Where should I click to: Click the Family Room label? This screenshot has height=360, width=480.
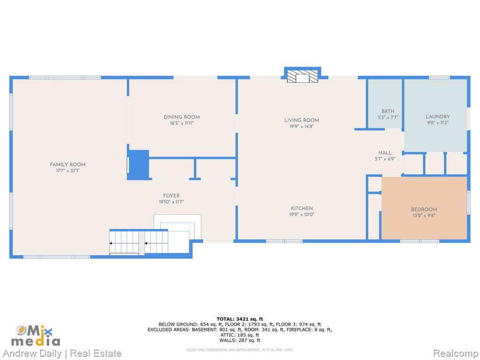(67, 165)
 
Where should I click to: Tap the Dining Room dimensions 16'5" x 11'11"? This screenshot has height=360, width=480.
(182, 123)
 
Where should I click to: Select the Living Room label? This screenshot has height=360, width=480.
(301, 120)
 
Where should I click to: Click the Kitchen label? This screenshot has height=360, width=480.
(302, 208)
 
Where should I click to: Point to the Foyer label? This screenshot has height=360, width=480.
(172, 195)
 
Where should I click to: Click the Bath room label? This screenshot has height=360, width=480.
(388, 111)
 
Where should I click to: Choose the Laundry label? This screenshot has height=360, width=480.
(438, 117)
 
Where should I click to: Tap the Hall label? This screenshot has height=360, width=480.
(385, 153)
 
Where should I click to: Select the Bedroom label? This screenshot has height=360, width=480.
(424, 210)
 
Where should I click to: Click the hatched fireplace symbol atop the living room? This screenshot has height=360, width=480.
(302, 76)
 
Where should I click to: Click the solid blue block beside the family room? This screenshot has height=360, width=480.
(138, 165)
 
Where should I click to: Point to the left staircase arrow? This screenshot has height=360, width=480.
(124, 243)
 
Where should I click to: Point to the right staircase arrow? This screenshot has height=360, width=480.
(156, 243)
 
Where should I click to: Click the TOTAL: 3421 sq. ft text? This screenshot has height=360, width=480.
(240, 319)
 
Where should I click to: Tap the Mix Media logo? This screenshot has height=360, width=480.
(36, 336)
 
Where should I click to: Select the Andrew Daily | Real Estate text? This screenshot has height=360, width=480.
(62, 353)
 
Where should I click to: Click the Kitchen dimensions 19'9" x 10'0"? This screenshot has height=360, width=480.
(302, 215)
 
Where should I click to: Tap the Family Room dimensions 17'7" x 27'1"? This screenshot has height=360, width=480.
(67, 171)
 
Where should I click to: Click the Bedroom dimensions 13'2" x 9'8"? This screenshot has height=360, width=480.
(424, 216)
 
